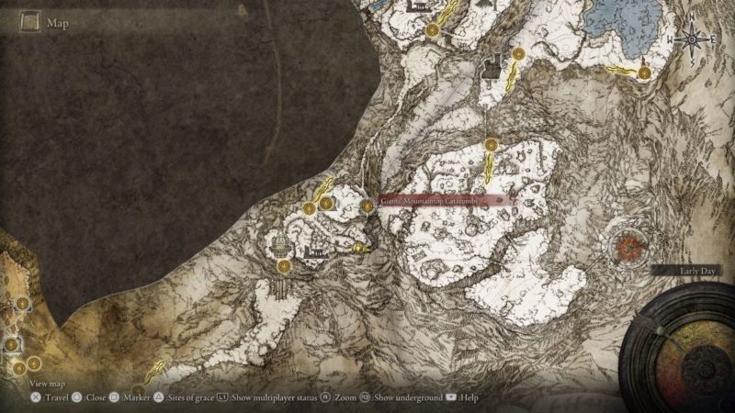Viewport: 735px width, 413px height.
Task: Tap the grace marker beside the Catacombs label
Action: coord(367,206)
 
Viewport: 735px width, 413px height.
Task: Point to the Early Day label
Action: coord(688,272)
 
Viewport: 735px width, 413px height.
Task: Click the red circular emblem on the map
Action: coord(629,247)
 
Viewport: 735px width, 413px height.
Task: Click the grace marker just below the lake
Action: coord(645,72)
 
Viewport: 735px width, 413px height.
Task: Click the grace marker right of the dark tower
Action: coord(518,55)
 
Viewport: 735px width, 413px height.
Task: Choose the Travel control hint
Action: coord(51,397)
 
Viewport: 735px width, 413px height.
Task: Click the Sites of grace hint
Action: coord(187,397)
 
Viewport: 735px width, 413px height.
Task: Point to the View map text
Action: coord(48,383)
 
